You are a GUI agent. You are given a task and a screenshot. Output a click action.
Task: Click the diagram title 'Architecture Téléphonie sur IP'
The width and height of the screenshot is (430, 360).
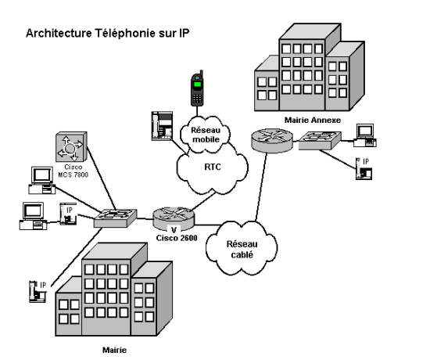[x=108, y=33]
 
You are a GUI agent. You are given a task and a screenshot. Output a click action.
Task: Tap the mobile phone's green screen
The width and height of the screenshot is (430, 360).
[x=197, y=84]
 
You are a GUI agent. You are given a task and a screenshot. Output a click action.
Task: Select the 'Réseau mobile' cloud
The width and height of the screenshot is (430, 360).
[x=205, y=135]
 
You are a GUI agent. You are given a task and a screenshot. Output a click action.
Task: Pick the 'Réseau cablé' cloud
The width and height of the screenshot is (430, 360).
[x=242, y=249]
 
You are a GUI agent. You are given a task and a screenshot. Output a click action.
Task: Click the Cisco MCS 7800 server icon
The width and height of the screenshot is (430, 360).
[x=71, y=147]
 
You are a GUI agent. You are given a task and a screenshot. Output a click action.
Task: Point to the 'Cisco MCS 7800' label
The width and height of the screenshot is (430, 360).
[x=73, y=171]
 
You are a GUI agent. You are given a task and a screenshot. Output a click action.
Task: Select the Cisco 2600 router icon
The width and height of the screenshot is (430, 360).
[x=174, y=218]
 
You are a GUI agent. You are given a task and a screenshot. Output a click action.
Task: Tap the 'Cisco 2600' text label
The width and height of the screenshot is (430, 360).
[x=177, y=238]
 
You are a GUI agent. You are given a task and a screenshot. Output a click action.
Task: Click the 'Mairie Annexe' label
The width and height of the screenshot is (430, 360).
[x=313, y=120]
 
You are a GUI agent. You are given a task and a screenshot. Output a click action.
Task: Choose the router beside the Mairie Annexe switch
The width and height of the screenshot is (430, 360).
[x=272, y=140]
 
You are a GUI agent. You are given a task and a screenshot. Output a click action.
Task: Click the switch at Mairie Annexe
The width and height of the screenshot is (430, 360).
[x=320, y=141]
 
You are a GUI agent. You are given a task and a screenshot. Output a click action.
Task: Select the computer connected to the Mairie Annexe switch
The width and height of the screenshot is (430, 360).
[x=365, y=135]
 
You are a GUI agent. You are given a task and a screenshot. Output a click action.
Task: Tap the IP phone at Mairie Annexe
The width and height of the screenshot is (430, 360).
[x=364, y=168]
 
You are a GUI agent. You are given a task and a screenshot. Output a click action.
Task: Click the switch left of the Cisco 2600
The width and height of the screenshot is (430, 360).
[x=115, y=218]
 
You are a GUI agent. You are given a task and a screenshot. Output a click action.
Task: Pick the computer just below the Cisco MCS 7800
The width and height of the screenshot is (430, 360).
[x=42, y=180]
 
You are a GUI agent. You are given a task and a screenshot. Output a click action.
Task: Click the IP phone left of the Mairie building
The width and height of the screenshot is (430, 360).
[x=38, y=292]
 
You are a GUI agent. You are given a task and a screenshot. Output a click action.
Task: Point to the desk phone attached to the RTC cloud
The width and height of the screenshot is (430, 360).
[x=162, y=126]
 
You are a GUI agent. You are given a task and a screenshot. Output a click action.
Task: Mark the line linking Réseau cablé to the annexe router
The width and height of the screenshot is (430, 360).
[x=261, y=187]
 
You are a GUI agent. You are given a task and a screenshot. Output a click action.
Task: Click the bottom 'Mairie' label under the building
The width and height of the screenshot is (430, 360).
[x=114, y=350]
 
